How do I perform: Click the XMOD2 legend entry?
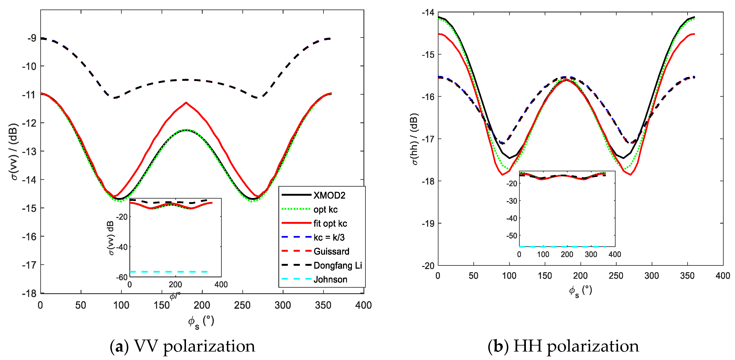coord(329,195)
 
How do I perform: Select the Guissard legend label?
coord(331,251)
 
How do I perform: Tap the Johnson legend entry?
coord(330,279)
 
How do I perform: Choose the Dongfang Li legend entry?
coord(338,265)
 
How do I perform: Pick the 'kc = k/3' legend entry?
coord(329,237)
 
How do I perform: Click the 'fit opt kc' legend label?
coord(330,223)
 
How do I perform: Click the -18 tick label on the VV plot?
coord(30,293)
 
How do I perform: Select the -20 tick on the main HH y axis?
coord(428,266)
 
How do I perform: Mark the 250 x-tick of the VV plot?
coord(242,305)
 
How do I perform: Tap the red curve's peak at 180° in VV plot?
coord(186,103)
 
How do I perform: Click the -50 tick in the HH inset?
coord(512,236)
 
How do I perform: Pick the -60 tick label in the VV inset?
coord(122,277)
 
